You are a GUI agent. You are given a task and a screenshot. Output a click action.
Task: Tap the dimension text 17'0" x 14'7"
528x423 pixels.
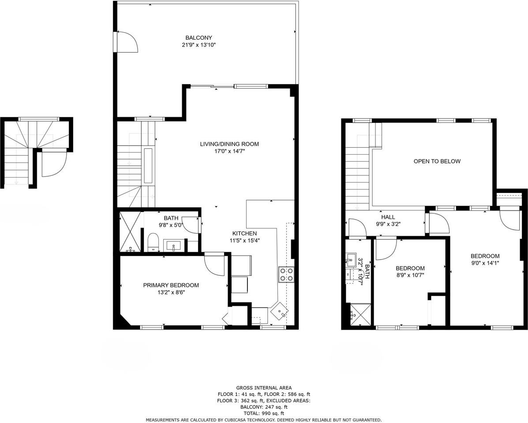229,151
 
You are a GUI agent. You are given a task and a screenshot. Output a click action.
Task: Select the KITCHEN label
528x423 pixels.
245,233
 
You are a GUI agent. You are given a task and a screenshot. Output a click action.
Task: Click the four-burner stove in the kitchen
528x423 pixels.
286,274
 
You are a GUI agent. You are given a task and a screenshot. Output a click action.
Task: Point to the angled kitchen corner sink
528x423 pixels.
280,311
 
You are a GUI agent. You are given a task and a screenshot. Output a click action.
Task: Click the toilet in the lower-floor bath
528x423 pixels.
153,241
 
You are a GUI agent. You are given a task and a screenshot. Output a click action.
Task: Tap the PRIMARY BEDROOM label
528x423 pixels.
171,285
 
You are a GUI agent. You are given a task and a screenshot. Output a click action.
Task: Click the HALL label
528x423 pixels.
388,217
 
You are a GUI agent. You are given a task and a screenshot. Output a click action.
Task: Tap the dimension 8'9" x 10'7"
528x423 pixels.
410,275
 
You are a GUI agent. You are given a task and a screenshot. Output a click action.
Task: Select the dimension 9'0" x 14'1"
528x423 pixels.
485,263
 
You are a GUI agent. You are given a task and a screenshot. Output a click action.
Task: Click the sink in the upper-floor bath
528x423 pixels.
352,258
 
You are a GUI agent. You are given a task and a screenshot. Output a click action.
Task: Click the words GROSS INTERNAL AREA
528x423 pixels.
264,388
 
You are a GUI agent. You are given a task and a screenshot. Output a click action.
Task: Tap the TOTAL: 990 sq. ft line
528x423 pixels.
264,413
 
